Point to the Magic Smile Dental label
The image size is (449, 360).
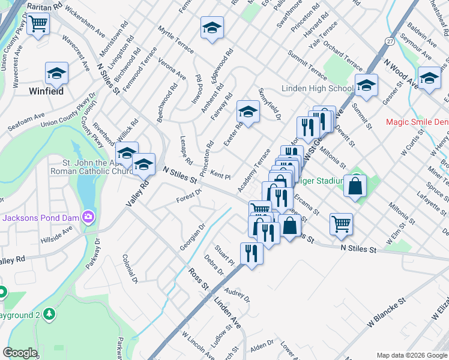[417, 122]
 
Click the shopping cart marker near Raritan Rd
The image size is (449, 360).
[38, 24]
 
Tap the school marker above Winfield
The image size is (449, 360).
[56, 74]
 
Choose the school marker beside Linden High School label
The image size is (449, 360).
[366, 85]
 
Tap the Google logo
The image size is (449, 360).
[20, 353]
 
